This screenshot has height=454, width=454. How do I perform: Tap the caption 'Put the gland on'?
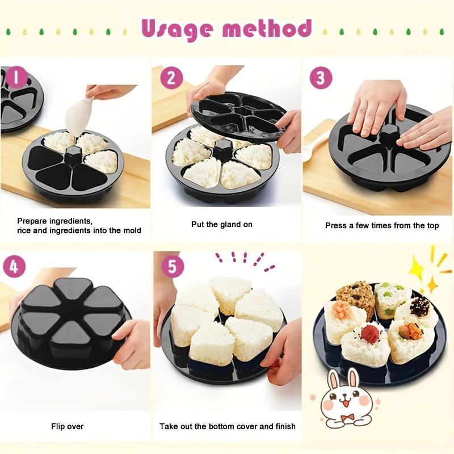[221, 225]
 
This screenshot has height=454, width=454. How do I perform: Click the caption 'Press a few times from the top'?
[381, 226]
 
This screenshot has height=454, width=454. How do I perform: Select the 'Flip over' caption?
[67, 426]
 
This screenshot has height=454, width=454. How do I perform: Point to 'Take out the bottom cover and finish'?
[227, 426]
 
